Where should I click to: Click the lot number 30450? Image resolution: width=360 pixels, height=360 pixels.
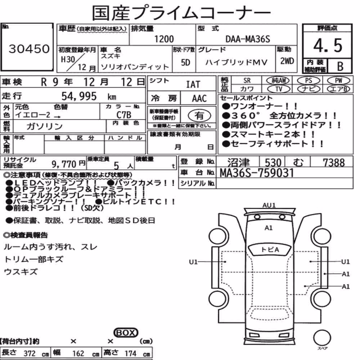29,49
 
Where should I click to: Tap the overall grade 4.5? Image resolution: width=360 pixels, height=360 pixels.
328,45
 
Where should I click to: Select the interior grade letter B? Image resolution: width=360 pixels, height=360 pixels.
340,66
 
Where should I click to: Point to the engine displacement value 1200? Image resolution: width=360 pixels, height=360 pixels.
164,39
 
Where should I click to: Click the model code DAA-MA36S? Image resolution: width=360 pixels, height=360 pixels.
248,39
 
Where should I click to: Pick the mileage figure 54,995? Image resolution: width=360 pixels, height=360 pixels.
79,96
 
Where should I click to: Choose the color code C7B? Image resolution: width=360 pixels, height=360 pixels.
124,115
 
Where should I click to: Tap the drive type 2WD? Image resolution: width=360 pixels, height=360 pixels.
287,61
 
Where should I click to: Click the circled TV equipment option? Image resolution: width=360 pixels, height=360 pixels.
279,89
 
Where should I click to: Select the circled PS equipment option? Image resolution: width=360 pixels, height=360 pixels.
309,81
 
